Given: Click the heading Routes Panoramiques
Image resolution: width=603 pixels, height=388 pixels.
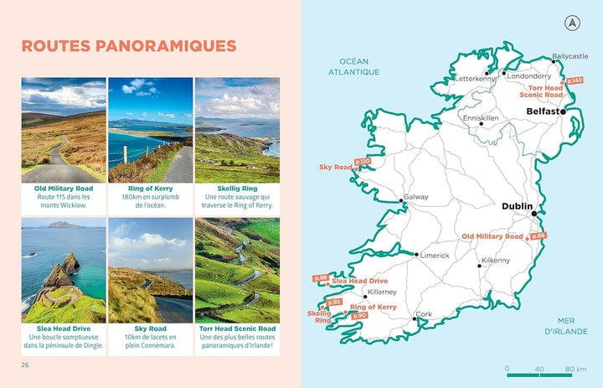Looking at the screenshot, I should pos(128,45).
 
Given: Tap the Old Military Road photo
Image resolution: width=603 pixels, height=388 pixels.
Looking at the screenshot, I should pos(64,130).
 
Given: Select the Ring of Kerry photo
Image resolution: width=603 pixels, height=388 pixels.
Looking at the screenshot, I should pos(151,130).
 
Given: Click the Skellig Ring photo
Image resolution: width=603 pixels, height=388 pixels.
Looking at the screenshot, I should pos(237,130).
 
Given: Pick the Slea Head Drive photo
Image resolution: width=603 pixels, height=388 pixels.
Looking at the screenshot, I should pos(64,269).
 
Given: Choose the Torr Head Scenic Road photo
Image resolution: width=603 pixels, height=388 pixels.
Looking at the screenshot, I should pos(237,269).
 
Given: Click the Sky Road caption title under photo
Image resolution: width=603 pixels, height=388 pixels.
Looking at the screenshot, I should pos(151,329).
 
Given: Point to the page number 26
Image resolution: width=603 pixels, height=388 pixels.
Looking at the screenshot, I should pos(26,365).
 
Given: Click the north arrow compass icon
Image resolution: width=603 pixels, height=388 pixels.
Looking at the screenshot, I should pos(573,23).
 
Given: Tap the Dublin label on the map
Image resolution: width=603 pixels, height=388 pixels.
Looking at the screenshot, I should pos(518,205).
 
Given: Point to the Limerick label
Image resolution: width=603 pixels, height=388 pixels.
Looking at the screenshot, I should pos(435,256).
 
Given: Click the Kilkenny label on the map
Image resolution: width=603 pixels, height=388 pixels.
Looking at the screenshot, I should pos(495,261).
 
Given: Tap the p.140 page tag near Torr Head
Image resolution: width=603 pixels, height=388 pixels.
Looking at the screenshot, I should pos(575,80).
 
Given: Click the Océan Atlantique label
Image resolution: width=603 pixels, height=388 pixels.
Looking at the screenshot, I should pos(354,67).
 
